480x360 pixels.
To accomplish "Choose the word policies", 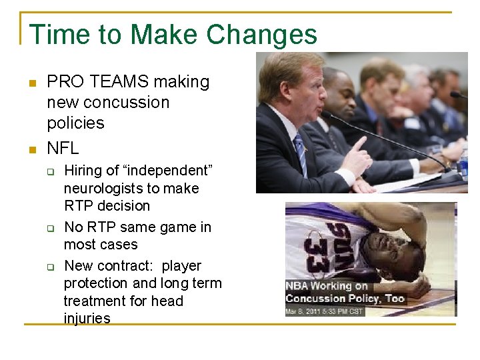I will (75, 123).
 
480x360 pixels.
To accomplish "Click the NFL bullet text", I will (63, 147).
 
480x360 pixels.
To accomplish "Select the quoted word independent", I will (167, 171).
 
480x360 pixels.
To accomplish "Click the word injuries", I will (87, 319).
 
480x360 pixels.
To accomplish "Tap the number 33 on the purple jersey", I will (314, 255).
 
